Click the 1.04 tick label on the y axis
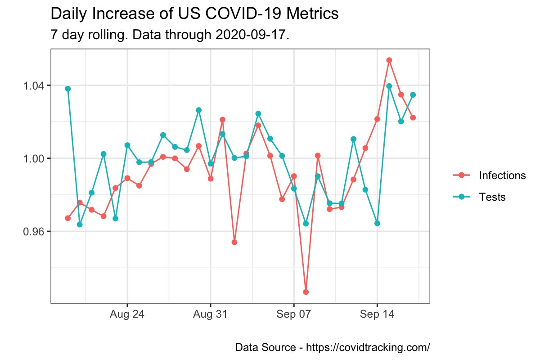(35, 85)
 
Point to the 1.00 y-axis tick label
(35, 158)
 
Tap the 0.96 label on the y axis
(35, 231)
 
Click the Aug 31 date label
(210, 315)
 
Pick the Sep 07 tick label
(294, 315)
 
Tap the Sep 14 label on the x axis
(377, 315)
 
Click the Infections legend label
(502, 175)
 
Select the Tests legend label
(492, 197)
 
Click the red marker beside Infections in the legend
(461, 175)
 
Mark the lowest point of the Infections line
(306, 292)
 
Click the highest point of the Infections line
(389, 60)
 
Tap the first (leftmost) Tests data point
(68, 89)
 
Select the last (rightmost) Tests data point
(413, 94)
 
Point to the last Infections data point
(413, 117)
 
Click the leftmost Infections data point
(68, 218)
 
